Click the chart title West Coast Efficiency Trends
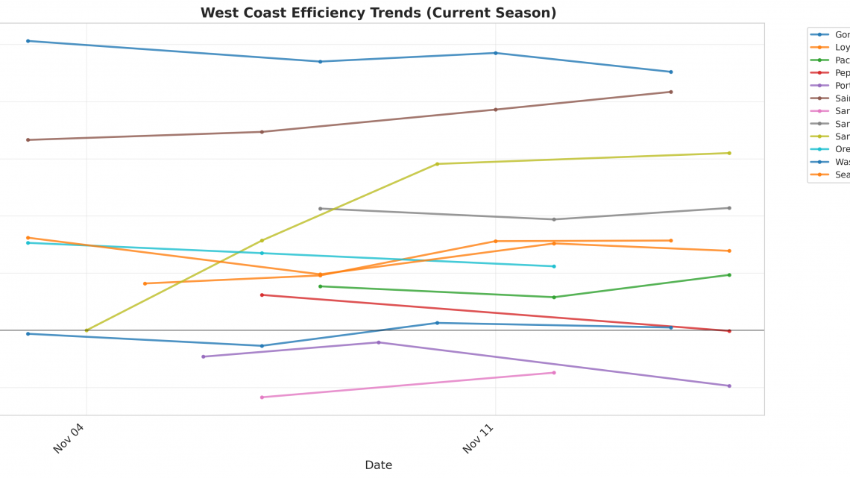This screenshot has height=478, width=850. click(x=378, y=13)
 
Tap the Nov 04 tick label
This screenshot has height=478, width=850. click(x=69, y=438)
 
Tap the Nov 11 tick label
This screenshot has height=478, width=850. click(x=478, y=438)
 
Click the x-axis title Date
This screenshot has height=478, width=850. click(x=378, y=465)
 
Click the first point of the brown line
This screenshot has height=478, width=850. click(x=28, y=139)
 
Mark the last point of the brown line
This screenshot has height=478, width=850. click(x=670, y=92)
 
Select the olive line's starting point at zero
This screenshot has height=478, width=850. click(x=86, y=330)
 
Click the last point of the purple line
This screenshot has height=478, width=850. click(x=728, y=386)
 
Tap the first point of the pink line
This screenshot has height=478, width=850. click(x=262, y=397)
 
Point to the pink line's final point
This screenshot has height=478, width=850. click(x=553, y=372)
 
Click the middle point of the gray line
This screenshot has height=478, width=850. click(x=553, y=219)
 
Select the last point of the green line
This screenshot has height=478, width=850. click(x=728, y=274)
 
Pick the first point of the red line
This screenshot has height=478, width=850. click(x=262, y=295)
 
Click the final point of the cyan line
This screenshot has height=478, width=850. click(x=553, y=266)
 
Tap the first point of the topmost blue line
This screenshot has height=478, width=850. click(x=28, y=41)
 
